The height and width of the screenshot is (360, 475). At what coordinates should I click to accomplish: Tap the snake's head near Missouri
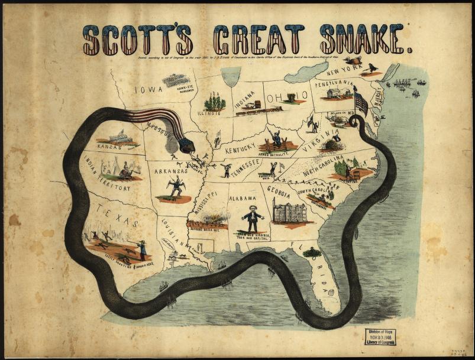pyautogui.click(x=188, y=144)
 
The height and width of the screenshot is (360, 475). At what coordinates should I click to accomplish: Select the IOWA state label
pyautogui.click(x=148, y=90)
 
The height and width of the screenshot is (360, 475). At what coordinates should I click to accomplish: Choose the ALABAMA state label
pyautogui.click(x=243, y=199)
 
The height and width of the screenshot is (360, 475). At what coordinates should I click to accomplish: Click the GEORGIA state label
pyautogui.click(x=279, y=192)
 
